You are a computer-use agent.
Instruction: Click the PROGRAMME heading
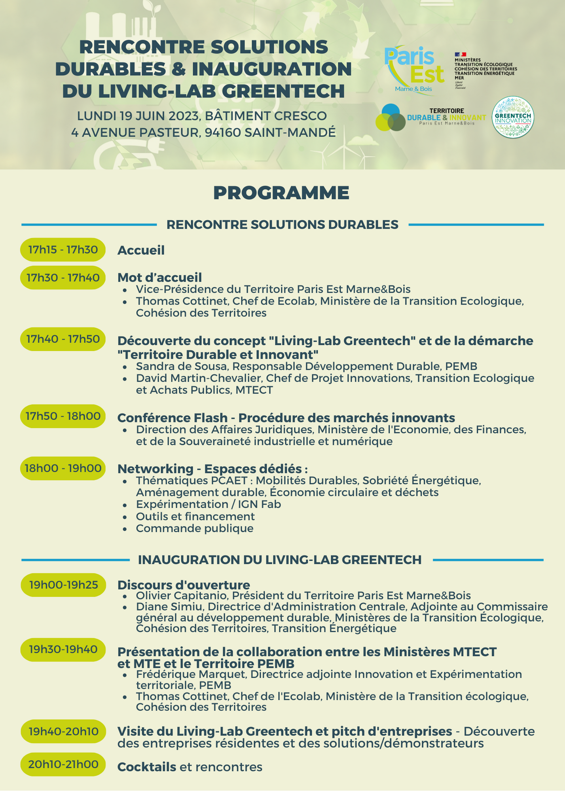281,193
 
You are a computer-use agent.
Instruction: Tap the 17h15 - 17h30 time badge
63,250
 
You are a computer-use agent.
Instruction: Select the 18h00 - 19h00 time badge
63,468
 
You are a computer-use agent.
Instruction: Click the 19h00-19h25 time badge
63,585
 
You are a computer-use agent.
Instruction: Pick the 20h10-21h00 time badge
63,764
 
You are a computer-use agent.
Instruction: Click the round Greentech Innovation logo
513,117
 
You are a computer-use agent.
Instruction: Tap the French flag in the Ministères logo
461,54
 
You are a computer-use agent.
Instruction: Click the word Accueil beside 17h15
141,250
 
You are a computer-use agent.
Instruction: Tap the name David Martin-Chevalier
199,378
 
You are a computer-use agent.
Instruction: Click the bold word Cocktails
147,767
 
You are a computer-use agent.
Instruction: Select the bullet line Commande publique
195,528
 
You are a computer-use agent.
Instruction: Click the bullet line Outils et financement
195,516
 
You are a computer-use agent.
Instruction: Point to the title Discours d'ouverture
184,585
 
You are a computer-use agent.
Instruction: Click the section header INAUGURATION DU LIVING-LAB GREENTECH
280,560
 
